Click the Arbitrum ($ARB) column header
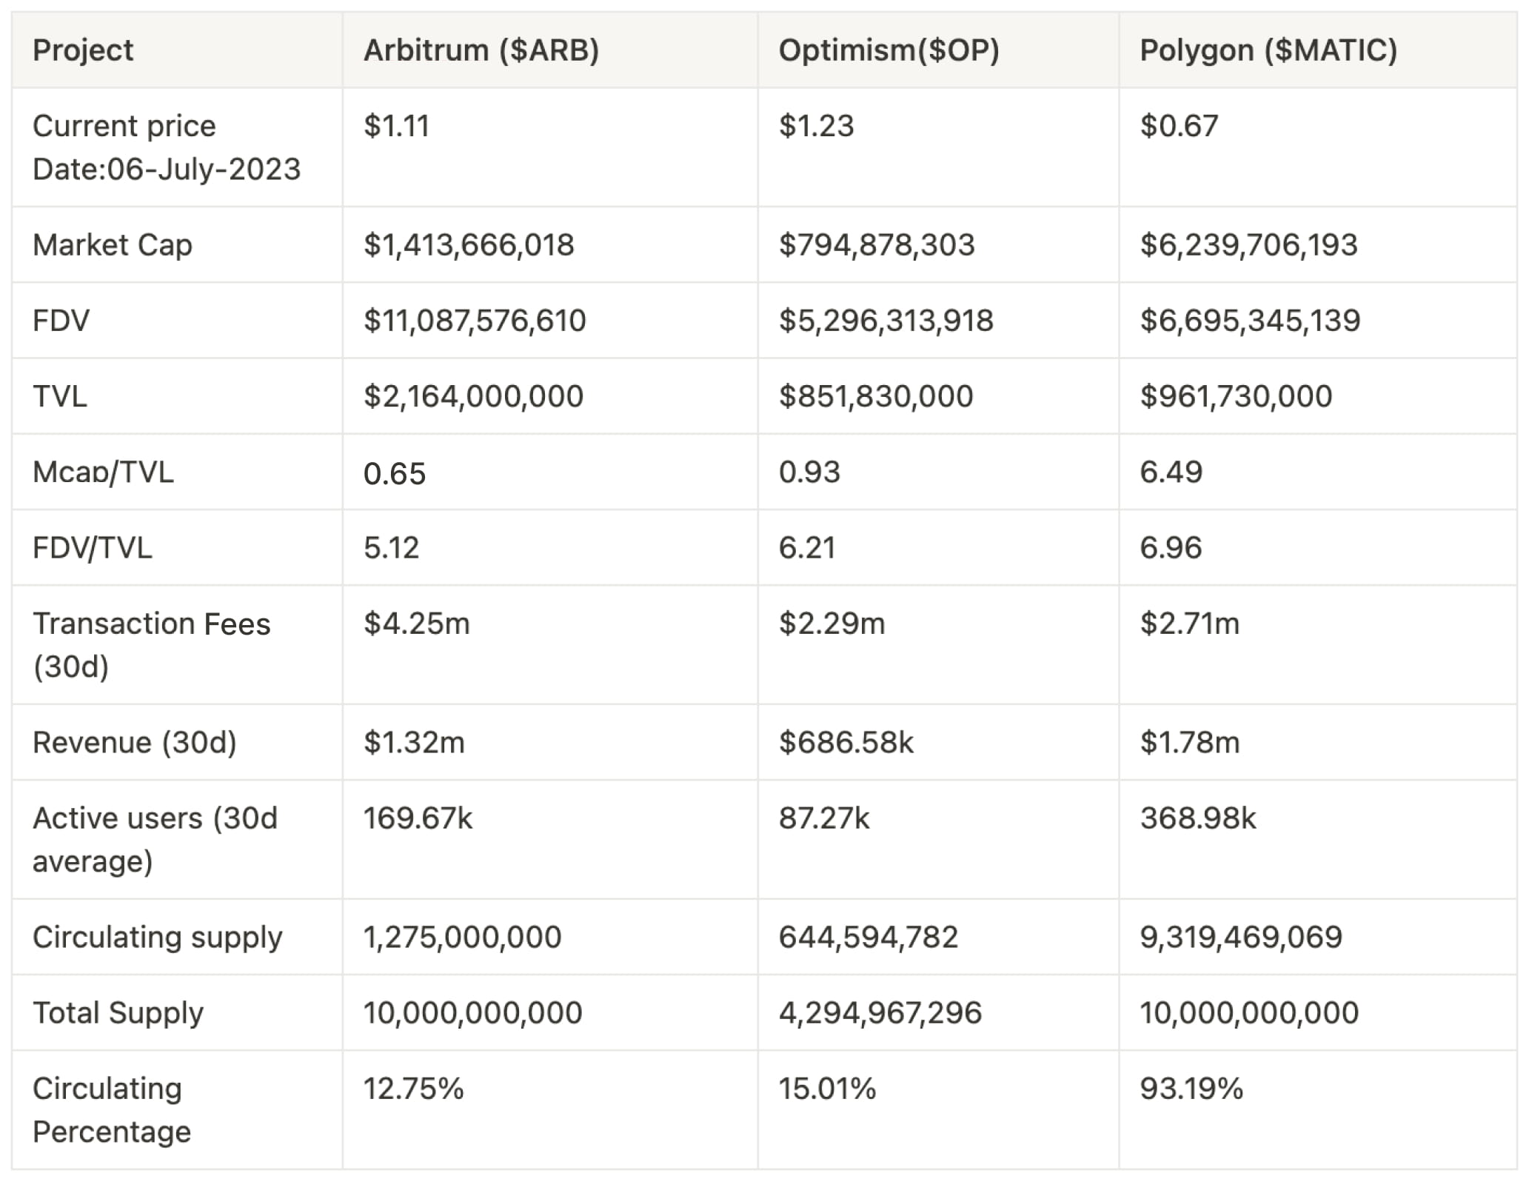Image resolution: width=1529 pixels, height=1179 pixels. pos(481,50)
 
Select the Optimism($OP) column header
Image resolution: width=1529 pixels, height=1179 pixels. pos(889,50)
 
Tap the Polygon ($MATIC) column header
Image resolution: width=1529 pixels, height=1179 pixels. pos(1268,50)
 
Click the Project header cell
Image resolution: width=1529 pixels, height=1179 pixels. pos(83,50)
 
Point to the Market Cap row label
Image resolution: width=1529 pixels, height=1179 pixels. pos(113,245)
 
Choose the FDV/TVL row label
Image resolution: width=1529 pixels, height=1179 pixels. pos(93,548)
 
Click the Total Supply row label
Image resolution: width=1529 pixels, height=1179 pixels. pos(118,1012)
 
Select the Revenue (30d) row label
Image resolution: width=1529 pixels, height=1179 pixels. pos(135,742)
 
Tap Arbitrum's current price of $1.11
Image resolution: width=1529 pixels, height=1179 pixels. pos(396,126)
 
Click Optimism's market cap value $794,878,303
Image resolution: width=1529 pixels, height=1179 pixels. pos(877,245)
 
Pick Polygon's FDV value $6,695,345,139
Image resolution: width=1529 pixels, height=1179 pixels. pos(1250,321)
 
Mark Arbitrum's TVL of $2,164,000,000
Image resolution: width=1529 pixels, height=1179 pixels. pos(473,396)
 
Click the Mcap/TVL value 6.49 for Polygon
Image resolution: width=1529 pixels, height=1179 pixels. pos(1171,472)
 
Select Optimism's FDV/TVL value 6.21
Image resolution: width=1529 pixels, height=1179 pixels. pos(806,548)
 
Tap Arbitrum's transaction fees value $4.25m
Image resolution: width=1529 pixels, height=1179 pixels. pos(416,624)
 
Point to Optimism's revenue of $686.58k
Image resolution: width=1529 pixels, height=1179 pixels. pos(846,742)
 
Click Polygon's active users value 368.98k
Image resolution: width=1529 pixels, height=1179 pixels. pos(1197,818)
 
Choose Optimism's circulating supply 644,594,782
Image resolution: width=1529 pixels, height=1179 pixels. pos(868,937)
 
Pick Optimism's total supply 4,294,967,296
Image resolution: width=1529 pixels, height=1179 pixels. pos(880,1012)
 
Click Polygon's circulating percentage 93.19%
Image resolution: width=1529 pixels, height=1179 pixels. pos(1191,1089)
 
